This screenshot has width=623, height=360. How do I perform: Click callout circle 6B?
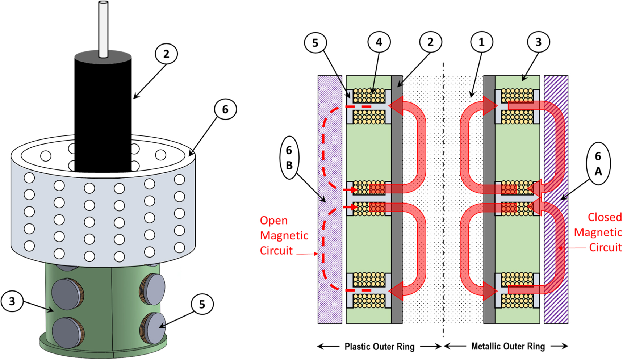point(289,158)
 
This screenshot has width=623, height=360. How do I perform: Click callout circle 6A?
point(598,163)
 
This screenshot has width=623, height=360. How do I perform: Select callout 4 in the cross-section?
point(379,42)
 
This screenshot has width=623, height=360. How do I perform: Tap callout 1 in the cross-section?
point(481,42)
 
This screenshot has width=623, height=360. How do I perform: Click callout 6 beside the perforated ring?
point(225,109)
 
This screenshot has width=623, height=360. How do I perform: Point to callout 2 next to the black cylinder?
point(166,54)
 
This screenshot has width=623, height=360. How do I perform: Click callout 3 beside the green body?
point(12,301)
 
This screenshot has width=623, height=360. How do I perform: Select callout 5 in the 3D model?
point(202,304)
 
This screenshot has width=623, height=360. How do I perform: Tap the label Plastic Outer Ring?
point(379,347)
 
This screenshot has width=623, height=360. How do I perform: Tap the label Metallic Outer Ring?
point(508,346)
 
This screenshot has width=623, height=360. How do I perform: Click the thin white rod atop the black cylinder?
point(103,29)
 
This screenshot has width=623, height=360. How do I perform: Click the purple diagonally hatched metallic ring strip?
point(556,254)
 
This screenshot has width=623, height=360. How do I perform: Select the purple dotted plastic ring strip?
point(330,254)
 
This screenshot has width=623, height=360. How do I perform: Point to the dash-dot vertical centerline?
point(443,217)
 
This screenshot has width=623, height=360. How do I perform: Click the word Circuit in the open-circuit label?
point(276,251)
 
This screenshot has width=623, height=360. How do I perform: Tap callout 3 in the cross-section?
point(538,42)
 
